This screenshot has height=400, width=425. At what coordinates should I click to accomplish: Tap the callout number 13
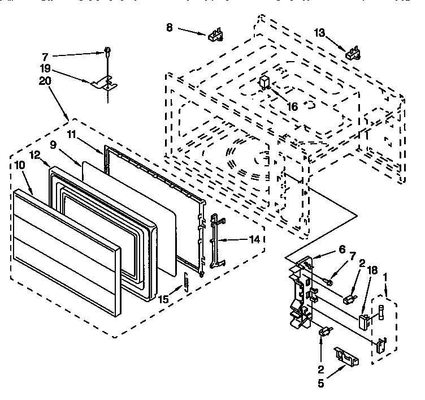320,33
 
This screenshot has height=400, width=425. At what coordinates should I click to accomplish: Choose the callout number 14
255,239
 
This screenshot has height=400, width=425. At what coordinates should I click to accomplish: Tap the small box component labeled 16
264,81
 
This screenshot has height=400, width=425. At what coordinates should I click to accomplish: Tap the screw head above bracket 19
106,53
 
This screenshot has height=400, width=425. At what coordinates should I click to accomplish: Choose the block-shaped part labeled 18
364,321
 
